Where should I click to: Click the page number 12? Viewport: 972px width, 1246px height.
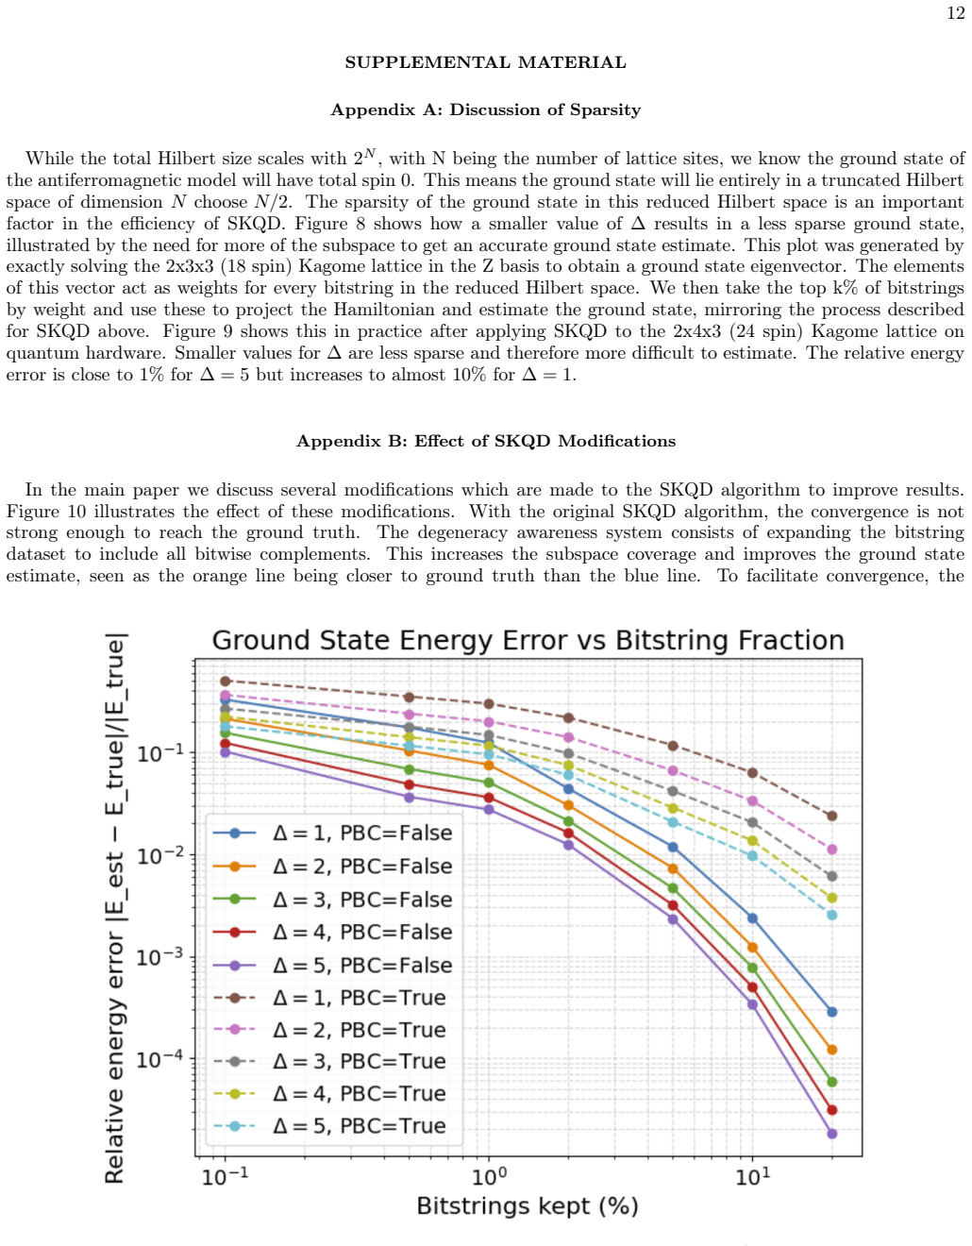click(956, 13)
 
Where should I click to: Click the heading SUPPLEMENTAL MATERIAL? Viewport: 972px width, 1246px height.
click(485, 62)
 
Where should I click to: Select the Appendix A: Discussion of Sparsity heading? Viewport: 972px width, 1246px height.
click(485, 109)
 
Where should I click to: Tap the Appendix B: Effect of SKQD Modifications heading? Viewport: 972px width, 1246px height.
click(485, 441)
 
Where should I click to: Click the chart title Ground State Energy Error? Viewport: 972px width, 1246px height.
click(528, 640)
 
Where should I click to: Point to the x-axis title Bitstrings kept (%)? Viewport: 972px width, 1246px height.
click(528, 1206)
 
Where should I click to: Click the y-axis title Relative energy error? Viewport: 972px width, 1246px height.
click(114, 909)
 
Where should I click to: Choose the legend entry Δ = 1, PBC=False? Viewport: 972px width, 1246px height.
click(332, 833)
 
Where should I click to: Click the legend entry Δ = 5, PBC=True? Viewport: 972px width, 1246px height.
click(329, 1126)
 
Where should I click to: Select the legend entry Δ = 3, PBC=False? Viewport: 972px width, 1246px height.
click(332, 900)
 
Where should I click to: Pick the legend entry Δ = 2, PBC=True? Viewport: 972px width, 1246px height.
click(329, 1031)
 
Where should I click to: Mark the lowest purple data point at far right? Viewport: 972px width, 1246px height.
click(832, 1134)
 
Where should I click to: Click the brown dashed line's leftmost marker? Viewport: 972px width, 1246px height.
click(226, 682)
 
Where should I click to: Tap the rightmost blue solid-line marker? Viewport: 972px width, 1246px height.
click(832, 1012)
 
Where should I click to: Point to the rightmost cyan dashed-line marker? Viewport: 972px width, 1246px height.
click(832, 915)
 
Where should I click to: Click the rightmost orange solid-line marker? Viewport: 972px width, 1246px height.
click(832, 1050)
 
